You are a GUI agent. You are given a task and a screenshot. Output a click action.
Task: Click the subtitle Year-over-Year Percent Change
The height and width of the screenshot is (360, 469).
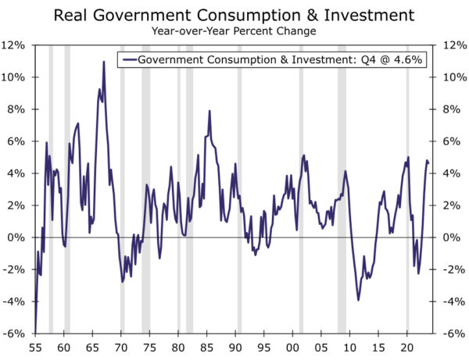click(234, 33)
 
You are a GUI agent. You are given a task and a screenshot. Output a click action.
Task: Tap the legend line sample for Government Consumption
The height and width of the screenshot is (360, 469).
click(127, 59)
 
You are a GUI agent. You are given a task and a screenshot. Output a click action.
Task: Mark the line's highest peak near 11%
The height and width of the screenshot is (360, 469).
click(104, 62)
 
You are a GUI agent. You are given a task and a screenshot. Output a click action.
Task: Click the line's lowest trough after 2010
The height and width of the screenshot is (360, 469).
click(359, 300)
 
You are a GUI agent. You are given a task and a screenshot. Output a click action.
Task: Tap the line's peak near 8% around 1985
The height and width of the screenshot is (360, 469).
click(209, 111)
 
